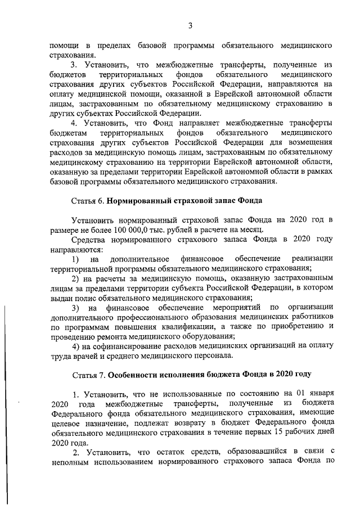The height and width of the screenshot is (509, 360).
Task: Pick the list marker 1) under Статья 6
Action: [75, 258]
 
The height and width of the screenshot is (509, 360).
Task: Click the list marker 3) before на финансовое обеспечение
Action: [75, 308]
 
